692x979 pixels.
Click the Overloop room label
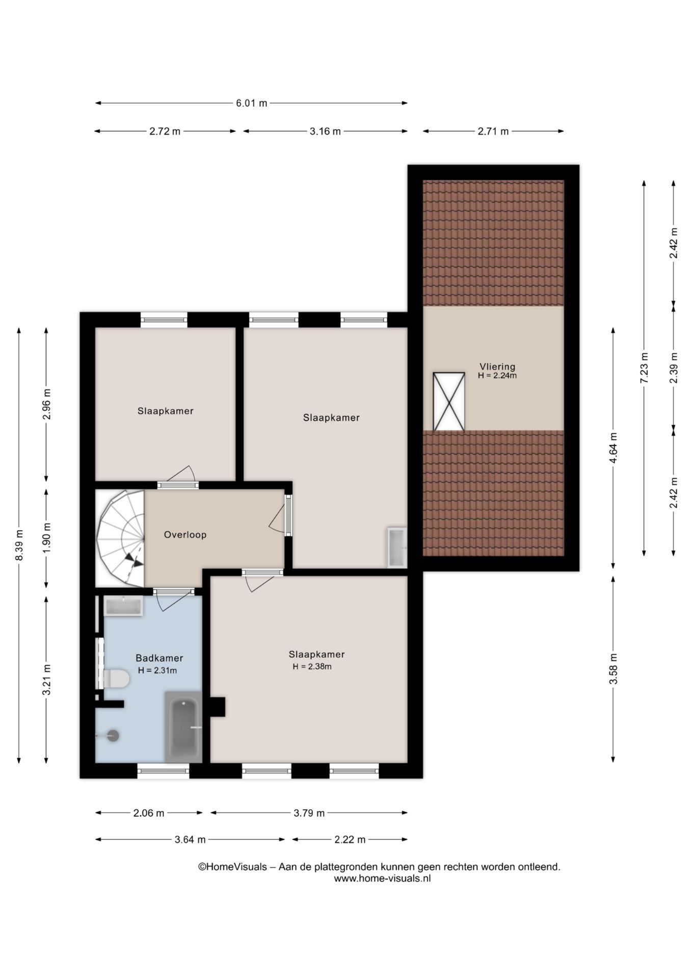pos(185,535)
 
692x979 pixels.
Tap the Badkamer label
pos(159,658)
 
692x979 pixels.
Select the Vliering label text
pos(497,367)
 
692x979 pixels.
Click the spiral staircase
pos(121,538)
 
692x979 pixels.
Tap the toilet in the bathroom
pos(116,679)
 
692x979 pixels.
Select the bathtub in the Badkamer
pos(183,727)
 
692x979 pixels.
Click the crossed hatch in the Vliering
pos(449,401)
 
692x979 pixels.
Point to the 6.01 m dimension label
pos(251,103)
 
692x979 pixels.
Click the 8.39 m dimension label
pos(19,545)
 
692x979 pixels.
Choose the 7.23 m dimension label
pos(644,368)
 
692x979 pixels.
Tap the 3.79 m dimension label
pos(309,813)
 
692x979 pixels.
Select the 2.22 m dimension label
pos(350,839)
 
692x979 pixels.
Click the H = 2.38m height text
pos(312,666)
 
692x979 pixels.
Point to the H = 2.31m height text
pos(157,671)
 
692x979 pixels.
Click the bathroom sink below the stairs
pos(123,606)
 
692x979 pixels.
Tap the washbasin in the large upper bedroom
pos(397,547)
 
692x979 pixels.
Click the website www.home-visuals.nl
pos(382,879)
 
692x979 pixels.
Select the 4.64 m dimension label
pos(613,448)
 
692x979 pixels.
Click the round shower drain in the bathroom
pos(113,735)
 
